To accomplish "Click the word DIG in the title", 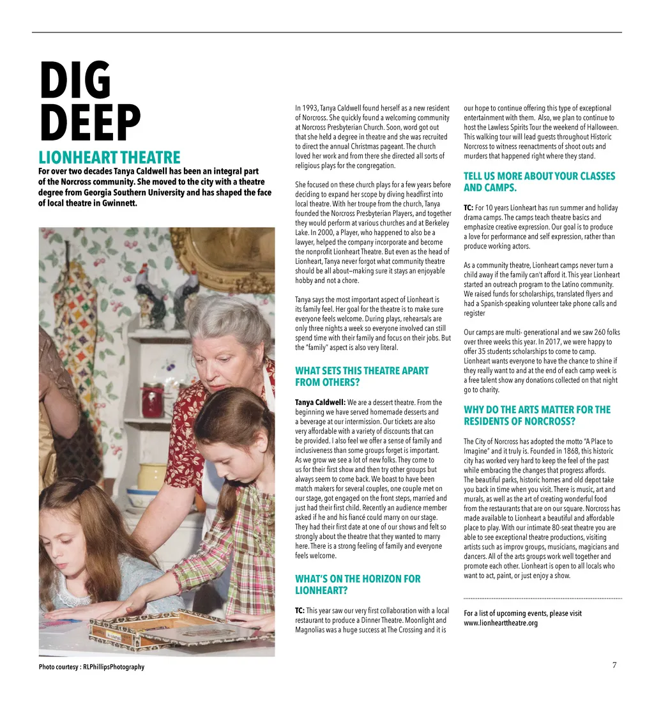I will pos(75,81).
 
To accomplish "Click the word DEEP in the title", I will pos(90,124).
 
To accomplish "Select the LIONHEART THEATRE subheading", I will pos(109,158).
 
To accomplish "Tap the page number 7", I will pos(614,665).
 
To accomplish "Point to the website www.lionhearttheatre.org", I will pos(501,623).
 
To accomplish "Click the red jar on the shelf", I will pos(153,401).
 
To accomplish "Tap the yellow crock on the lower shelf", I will pos(151,476).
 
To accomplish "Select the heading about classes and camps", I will pos(539,181).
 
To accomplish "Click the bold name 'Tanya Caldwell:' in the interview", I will pos(320,402).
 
